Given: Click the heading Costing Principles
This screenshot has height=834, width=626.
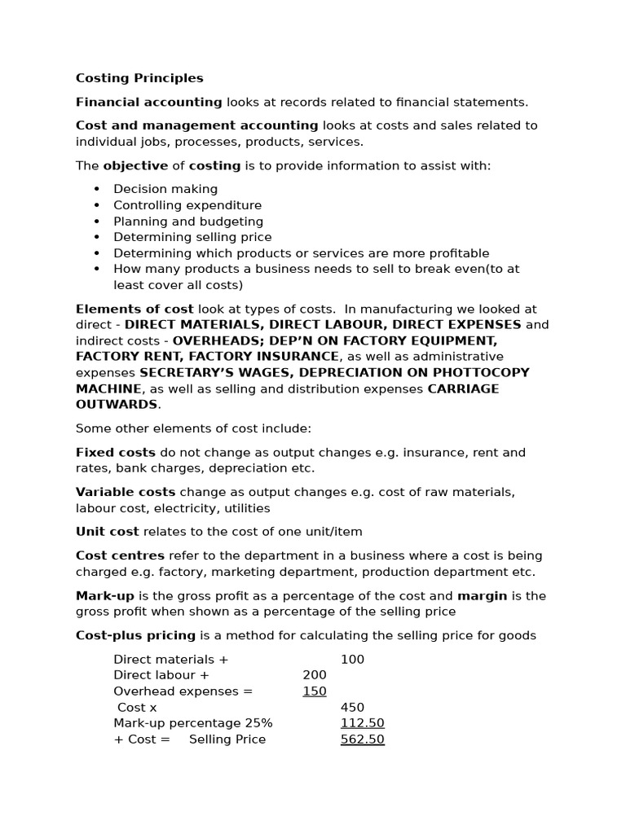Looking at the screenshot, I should coord(139,78).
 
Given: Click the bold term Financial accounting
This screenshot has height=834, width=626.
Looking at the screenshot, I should coord(148,102).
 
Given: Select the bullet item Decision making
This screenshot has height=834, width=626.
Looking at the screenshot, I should coord(165,189).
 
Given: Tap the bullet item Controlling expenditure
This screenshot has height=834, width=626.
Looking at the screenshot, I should coord(187,205).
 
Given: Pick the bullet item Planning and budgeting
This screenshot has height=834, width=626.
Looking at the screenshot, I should coord(188,222).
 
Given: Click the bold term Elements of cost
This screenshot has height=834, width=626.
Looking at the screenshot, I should coord(134,309).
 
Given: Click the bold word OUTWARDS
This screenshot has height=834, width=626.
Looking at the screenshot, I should coord(116,404).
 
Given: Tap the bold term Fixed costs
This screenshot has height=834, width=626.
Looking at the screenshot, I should coord(115,452).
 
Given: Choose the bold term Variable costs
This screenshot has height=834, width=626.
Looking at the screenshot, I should coord(126,492).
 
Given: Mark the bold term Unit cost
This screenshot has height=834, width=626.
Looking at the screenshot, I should coord(108,532).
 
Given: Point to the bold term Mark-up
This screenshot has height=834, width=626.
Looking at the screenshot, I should coord(104,595).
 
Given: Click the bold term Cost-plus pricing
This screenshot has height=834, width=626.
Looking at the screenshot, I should coord(135,635).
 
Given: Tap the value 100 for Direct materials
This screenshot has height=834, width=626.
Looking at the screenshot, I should coord(352,659).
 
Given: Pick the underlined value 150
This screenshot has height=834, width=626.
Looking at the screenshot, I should coord(314,691).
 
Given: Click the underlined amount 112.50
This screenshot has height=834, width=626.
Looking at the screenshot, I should coord(362,723).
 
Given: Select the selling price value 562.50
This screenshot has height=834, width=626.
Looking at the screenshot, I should coord(362,740).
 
